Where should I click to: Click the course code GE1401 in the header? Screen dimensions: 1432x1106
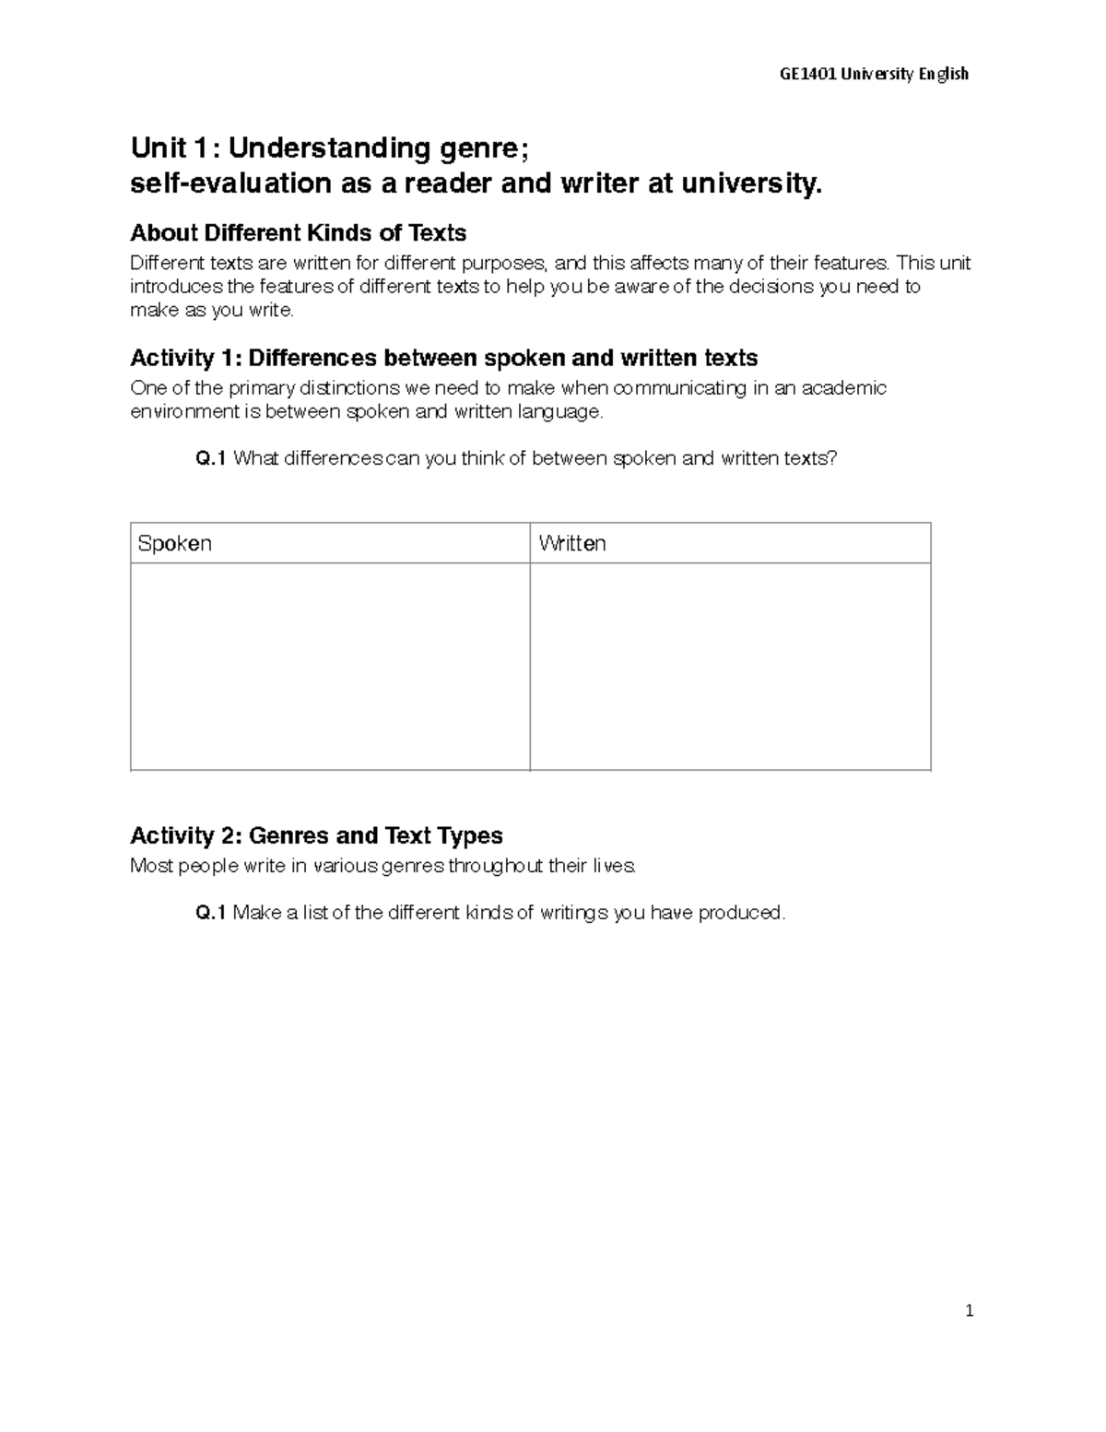[x=807, y=74]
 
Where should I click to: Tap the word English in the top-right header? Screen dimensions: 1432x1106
[x=943, y=74]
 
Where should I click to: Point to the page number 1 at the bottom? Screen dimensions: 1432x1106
[x=969, y=1311]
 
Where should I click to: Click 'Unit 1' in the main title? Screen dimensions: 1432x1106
[x=173, y=148]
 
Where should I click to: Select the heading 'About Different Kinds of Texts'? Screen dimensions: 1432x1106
[x=298, y=232]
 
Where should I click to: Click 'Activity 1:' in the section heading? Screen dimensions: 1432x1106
[x=185, y=358]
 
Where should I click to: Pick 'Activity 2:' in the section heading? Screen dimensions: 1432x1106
[x=185, y=835]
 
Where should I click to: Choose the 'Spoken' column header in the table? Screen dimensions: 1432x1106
[x=175, y=543]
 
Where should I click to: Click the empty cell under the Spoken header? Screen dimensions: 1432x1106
[x=330, y=666]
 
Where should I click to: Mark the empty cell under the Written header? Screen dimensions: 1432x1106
[x=730, y=666]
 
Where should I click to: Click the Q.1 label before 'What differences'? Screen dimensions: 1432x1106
[x=211, y=458]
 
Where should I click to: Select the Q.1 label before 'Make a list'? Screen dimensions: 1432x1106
[x=211, y=913]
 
